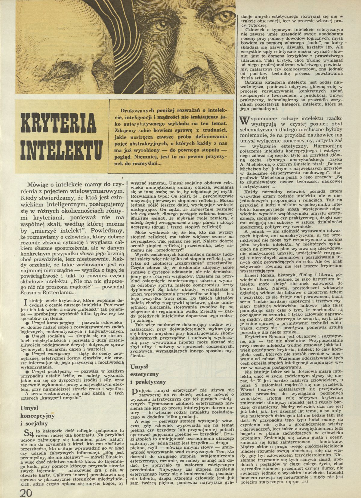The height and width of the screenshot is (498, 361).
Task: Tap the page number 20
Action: pos(28,492)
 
